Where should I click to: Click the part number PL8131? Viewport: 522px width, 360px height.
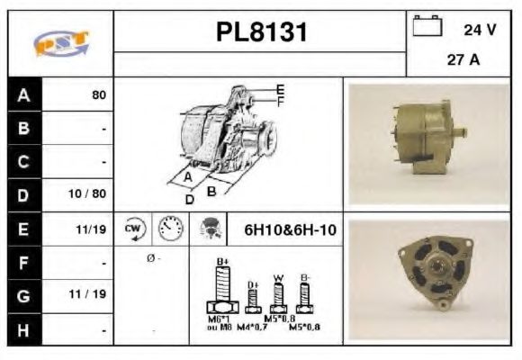point(261,32)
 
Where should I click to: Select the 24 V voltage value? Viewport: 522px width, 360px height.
point(480,30)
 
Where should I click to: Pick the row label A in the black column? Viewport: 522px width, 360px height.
point(23,94)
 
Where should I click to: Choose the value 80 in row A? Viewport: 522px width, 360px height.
point(98,94)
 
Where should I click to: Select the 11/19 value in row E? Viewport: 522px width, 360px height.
point(94,229)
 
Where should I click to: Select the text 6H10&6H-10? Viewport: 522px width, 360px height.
point(291,230)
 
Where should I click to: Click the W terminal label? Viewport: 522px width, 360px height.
point(279,276)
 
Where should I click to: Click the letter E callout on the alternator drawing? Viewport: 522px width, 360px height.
point(280,88)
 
